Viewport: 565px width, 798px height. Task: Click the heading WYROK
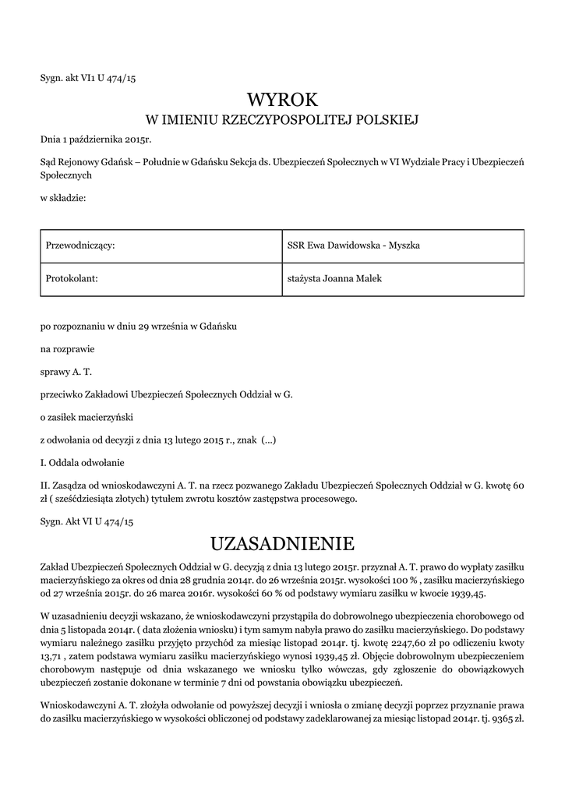[282, 100]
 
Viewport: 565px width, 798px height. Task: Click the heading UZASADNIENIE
[282, 542]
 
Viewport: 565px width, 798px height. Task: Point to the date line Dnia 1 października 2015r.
[96, 139]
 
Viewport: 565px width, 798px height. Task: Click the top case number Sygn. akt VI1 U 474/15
[88, 78]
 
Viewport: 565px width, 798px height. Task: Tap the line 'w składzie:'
[63, 199]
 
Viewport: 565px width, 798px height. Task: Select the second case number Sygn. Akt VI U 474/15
[87, 520]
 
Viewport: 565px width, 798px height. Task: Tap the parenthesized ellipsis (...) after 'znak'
[268, 440]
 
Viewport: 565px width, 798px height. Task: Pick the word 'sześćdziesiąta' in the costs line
[95, 498]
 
